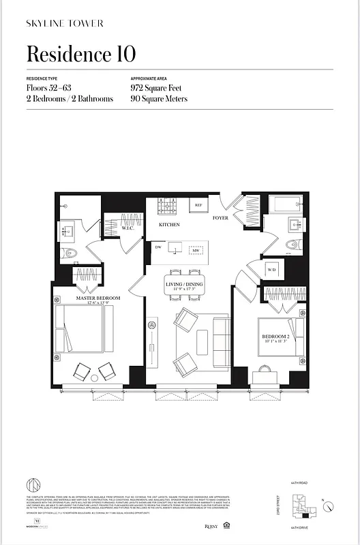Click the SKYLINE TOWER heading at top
pos(65,23)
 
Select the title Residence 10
pos(80,54)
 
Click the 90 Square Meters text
pos(159,99)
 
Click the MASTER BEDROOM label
pos(98,298)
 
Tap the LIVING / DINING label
pos(184,284)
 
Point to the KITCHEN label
pos(169,224)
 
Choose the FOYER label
pos(220,218)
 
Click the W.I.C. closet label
pos(129,229)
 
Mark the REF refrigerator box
pos(199,205)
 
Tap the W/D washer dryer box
pos(272,270)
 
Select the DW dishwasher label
pos(157,247)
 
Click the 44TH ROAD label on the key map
pos(299,483)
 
